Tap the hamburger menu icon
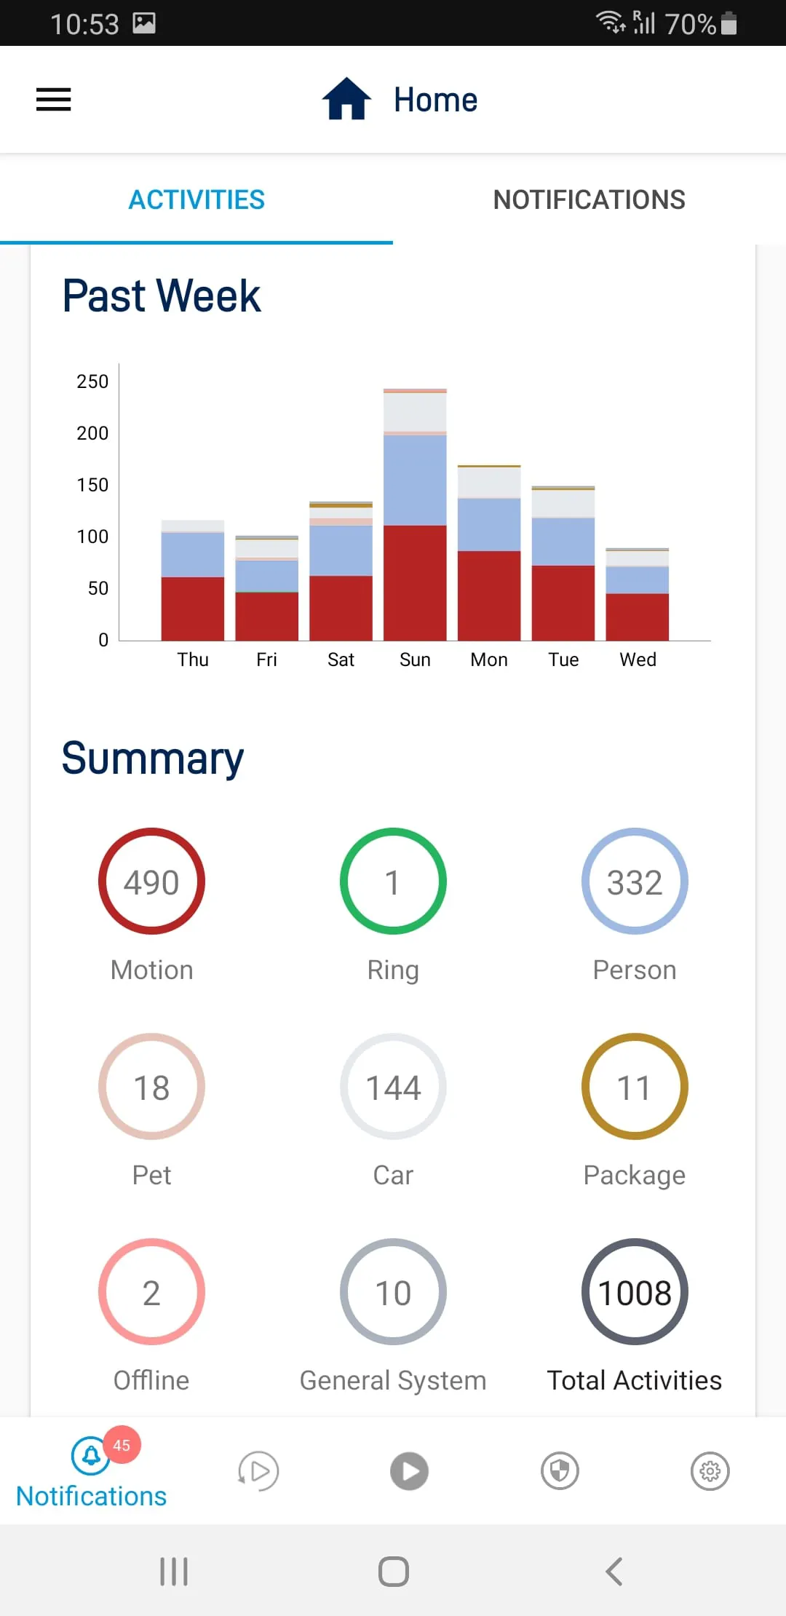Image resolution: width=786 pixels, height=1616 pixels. pyautogui.click(x=54, y=100)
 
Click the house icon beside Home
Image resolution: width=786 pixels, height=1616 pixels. pyautogui.click(x=346, y=99)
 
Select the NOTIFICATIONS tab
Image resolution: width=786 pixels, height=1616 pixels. pyautogui.click(x=589, y=199)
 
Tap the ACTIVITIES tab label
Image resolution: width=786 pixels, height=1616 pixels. pyautogui.click(x=196, y=199)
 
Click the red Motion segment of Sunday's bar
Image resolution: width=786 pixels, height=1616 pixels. pyautogui.click(x=415, y=582)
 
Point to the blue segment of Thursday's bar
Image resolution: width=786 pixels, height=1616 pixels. pyautogui.click(x=193, y=555)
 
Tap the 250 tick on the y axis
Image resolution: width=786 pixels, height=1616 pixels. pyautogui.click(x=92, y=381)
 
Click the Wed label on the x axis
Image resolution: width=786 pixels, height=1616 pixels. pyautogui.click(x=638, y=660)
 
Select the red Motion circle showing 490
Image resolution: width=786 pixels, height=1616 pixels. pyautogui.click(x=151, y=882)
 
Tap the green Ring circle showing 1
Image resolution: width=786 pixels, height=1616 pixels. pyautogui.click(x=393, y=882)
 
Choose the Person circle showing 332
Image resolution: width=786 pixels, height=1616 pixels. pyautogui.click(x=635, y=882)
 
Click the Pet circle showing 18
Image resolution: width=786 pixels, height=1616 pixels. pyautogui.click(x=151, y=1087)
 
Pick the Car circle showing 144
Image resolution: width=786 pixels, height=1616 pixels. pyautogui.click(x=393, y=1087)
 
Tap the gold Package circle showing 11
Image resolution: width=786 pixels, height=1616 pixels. pyautogui.click(x=635, y=1087)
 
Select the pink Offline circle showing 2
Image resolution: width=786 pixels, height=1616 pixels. pyautogui.click(x=151, y=1292)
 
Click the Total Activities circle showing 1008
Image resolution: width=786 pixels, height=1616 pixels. pyautogui.click(x=635, y=1292)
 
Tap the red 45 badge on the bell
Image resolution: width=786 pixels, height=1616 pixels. pyautogui.click(x=122, y=1445)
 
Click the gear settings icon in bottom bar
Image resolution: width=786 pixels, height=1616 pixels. pyautogui.click(x=710, y=1471)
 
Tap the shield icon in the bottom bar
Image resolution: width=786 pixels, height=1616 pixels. pyautogui.click(x=560, y=1471)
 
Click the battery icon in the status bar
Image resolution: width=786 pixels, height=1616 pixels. pyautogui.click(x=729, y=23)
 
